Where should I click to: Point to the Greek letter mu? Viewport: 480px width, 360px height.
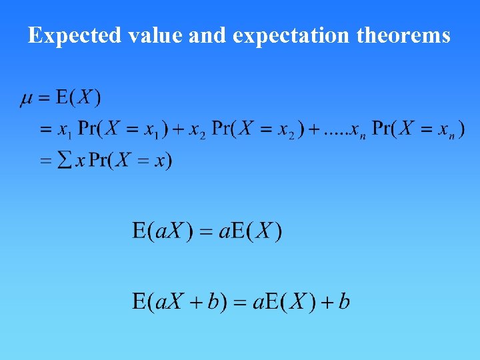coord(27,99)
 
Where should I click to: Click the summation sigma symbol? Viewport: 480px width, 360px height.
coord(65,161)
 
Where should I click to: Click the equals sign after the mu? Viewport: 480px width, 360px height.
coord(45,99)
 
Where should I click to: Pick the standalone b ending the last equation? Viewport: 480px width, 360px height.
coord(344,302)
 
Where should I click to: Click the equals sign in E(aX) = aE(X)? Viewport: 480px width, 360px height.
coord(206,233)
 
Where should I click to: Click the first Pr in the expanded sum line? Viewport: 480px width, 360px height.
coord(88,129)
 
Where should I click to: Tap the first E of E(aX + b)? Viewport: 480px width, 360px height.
coord(139,302)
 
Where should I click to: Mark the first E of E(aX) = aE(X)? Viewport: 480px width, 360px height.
coord(139,232)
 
